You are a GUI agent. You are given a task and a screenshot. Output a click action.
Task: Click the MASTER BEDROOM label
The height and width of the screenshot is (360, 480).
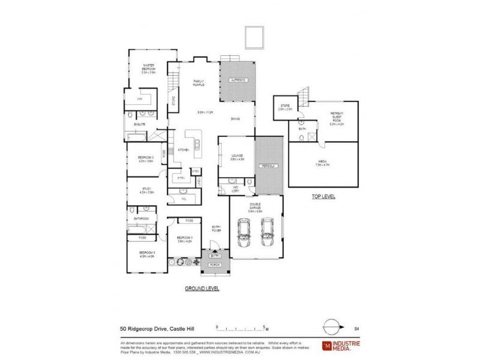pyautogui.click(x=148, y=67)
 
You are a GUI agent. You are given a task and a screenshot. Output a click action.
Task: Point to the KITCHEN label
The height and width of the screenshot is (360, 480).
pyautogui.click(x=184, y=149)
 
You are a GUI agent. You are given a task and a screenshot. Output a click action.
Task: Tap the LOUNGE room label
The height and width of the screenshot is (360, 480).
pyautogui.click(x=236, y=157)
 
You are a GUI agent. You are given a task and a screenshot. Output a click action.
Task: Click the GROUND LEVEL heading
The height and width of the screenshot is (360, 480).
pyautogui.click(x=202, y=289)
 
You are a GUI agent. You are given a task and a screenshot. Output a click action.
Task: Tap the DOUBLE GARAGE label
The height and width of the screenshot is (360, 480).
pyautogui.click(x=256, y=209)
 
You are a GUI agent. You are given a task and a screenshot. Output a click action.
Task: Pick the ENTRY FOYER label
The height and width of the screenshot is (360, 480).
pyautogui.click(x=217, y=229)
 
